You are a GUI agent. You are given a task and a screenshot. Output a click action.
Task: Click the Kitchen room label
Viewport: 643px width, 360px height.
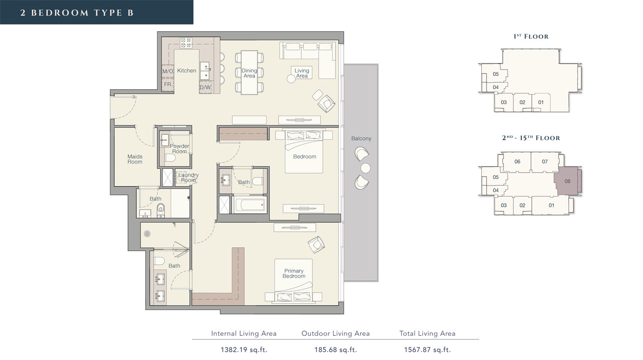pos(186,70)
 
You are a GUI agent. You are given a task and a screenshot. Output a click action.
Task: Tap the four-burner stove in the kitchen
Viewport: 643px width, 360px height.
pos(186,43)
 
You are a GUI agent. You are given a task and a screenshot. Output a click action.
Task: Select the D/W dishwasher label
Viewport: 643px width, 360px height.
pos(205,87)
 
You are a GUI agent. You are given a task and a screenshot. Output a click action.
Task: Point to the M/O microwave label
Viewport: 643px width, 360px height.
pos(168,71)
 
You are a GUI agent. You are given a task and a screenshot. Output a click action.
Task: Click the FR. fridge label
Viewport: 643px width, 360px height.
pos(168,84)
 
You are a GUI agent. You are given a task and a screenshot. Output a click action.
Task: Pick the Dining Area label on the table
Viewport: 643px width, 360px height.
pos(249,73)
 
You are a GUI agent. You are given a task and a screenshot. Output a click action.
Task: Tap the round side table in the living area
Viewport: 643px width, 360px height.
pos(291,79)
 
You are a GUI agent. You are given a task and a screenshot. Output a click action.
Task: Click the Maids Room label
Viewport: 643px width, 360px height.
pos(135,159)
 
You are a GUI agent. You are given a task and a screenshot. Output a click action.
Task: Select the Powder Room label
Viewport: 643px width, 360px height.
pos(180,149)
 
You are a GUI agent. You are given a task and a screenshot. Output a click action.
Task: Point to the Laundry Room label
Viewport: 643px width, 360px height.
pos(188,177)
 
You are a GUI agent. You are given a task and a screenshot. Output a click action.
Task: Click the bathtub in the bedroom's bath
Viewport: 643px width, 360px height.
pos(250,205)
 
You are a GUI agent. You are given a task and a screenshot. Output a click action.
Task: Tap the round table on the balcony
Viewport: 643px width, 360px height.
pos(365,168)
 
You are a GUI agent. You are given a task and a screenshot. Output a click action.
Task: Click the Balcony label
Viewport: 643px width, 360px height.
pos(361,138)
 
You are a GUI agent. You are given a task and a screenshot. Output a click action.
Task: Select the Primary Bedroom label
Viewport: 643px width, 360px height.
pos(294,273)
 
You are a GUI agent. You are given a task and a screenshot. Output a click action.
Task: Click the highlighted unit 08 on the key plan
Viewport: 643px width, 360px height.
pos(567,181)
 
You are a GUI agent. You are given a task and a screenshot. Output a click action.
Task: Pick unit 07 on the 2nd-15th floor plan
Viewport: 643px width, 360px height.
pos(545,162)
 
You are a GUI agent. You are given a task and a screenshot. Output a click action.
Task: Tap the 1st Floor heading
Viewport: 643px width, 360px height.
pos(531,36)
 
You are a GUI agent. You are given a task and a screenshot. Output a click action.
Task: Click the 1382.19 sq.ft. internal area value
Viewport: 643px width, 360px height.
pos(244,350)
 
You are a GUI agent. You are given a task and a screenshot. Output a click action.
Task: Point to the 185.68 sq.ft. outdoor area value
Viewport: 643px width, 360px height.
pos(336,350)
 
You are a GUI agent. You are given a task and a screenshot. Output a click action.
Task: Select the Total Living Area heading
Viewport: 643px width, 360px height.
pos(427,333)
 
